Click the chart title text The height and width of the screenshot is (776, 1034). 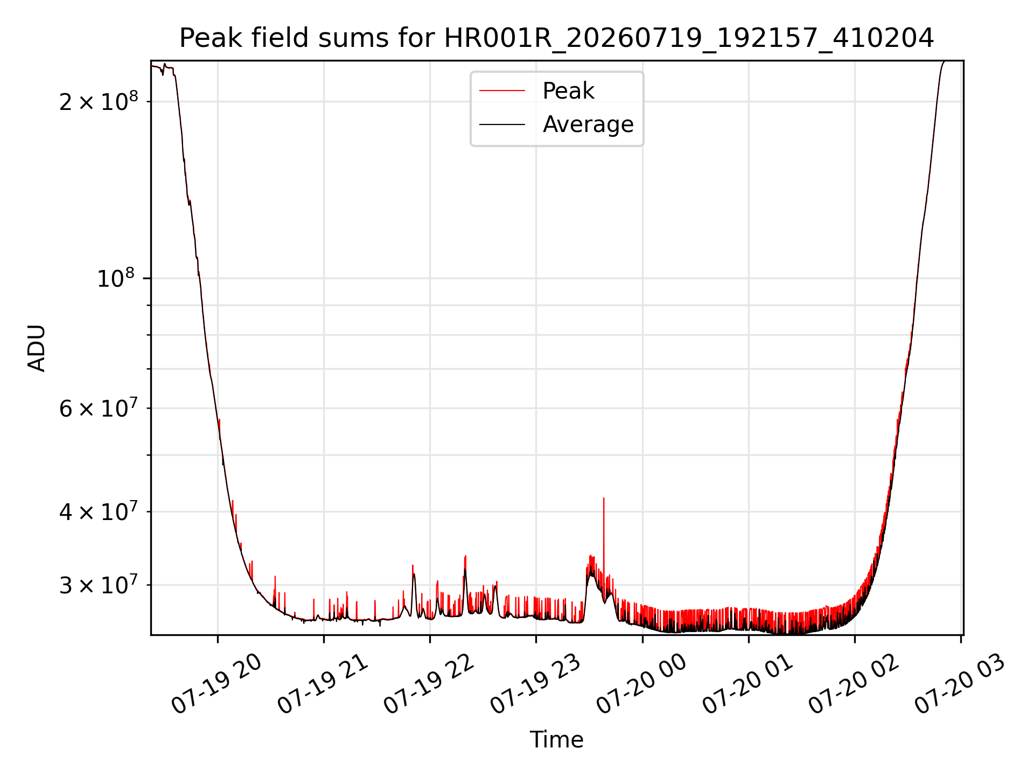pyautogui.click(x=556, y=38)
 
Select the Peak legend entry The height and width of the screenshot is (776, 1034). pyautogui.click(x=568, y=91)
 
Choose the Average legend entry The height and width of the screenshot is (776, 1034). pyautogui.click(x=588, y=124)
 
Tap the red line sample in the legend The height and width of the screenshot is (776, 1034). pyautogui.click(x=502, y=91)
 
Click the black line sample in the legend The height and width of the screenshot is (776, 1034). pyautogui.click(x=502, y=124)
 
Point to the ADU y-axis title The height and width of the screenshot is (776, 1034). pyautogui.click(x=37, y=348)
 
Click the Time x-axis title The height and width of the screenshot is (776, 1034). pyautogui.click(x=556, y=739)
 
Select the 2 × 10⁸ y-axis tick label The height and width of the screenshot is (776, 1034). pyautogui.click(x=99, y=101)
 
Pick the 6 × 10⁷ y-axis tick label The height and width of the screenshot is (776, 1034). pyautogui.click(x=99, y=408)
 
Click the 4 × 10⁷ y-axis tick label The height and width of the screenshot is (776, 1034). pyautogui.click(x=99, y=511)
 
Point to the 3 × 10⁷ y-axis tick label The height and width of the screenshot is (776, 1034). pyautogui.click(x=99, y=585)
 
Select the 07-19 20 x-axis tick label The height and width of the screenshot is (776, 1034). pyautogui.click(x=216, y=684)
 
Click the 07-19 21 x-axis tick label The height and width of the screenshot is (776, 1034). pyautogui.click(x=323, y=684)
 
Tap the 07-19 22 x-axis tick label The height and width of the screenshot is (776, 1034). pyautogui.click(x=429, y=684)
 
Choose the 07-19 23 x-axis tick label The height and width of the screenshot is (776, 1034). pyautogui.click(x=535, y=684)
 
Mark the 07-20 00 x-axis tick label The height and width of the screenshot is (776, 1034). pyautogui.click(x=641, y=684)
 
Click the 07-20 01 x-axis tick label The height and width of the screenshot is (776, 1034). pyautogui.click(x=748, y=684)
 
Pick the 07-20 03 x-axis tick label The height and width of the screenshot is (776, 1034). pyautogui.click(x=960, y=684)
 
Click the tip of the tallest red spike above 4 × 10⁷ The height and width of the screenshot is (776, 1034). pyautogui.click(x=604, y=498)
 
